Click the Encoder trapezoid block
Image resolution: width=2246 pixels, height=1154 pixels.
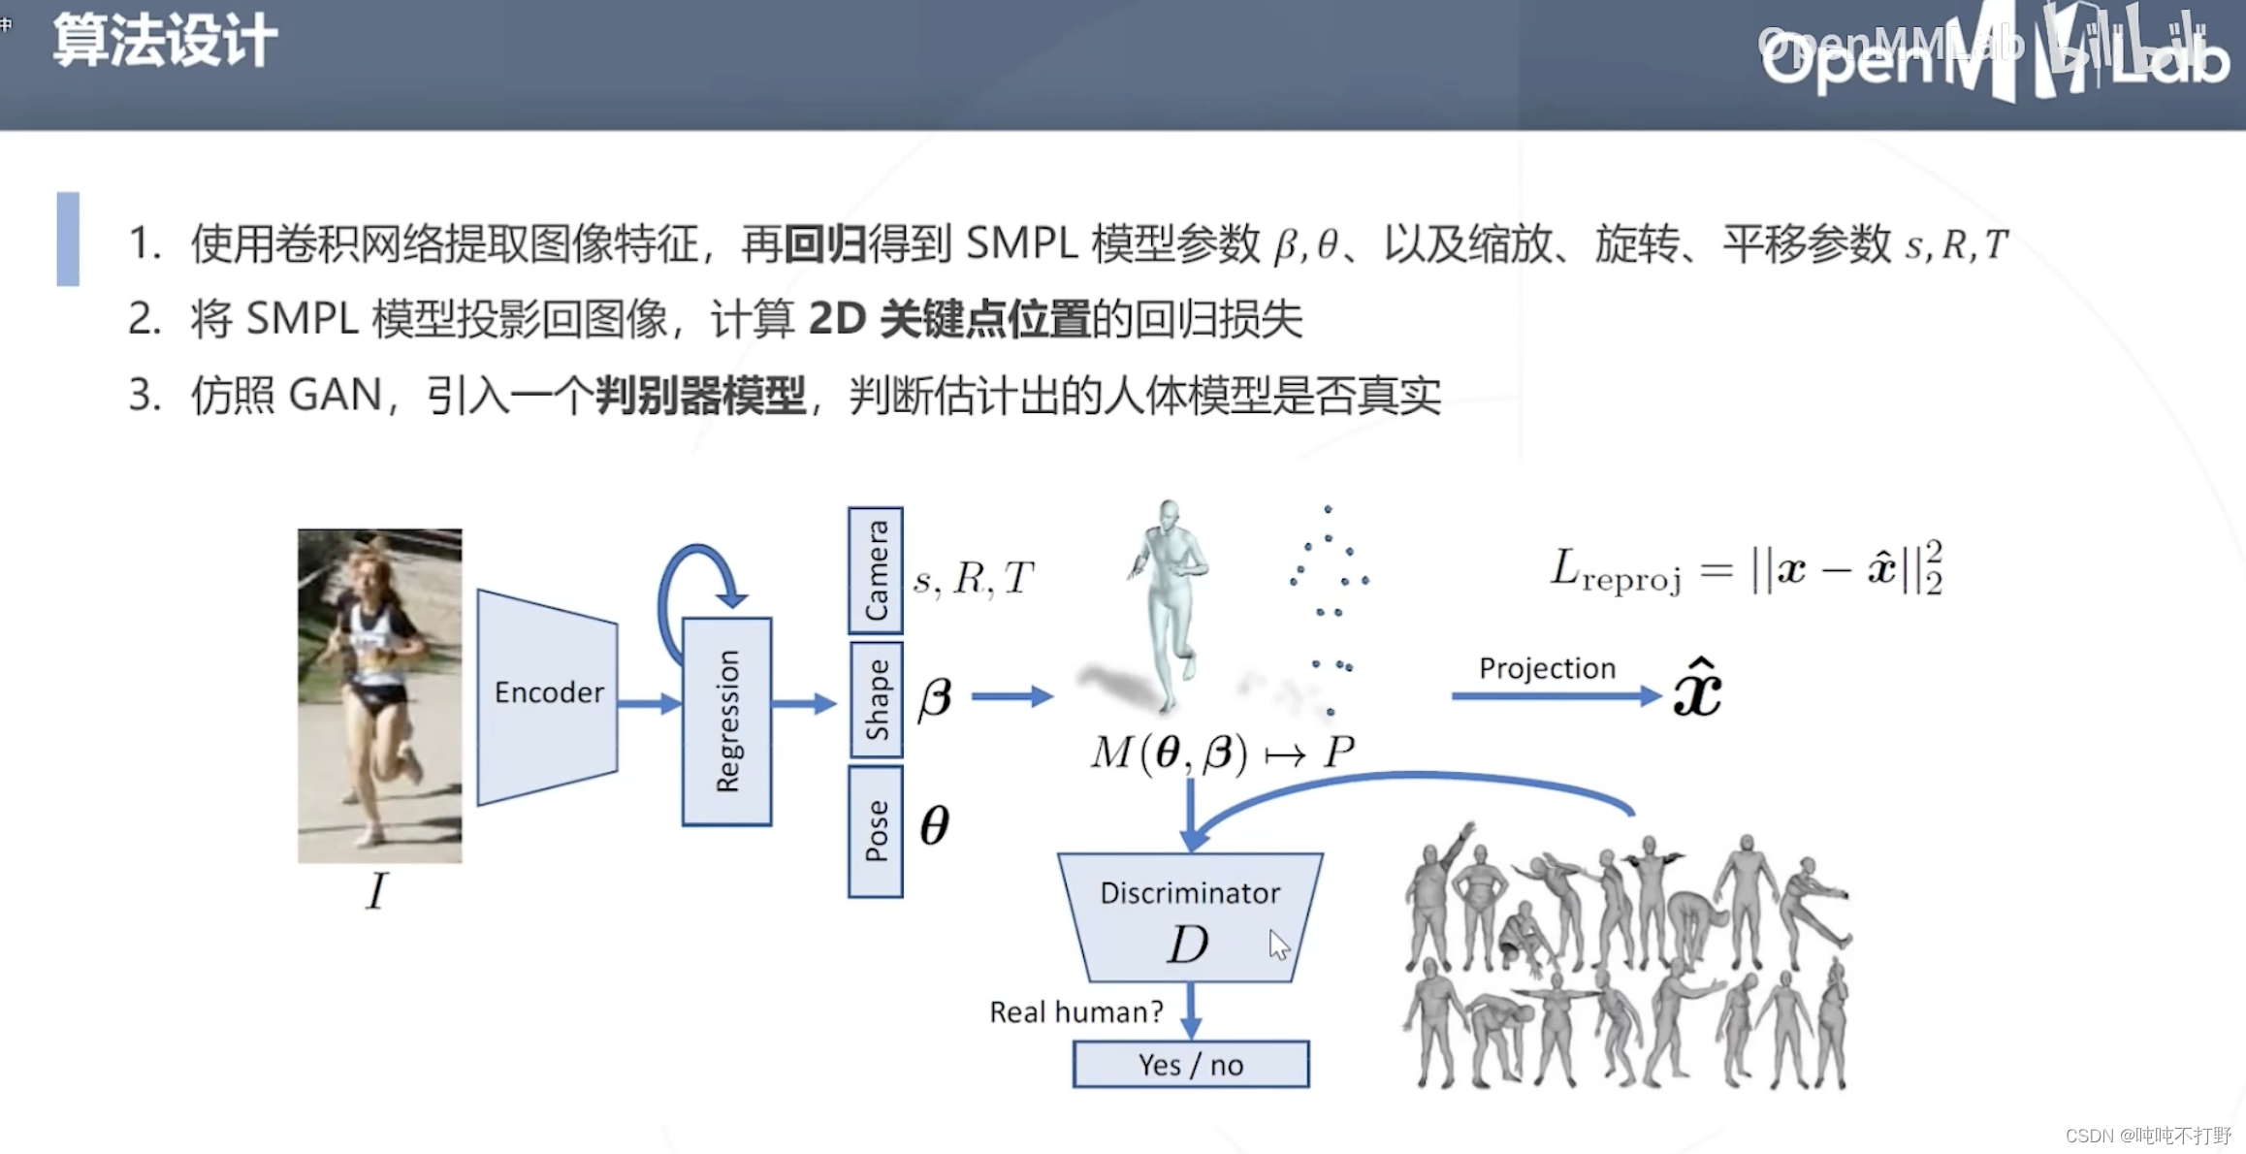click(x=547, y=695)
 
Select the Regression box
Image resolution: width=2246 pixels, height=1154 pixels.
click(x=727, y=721)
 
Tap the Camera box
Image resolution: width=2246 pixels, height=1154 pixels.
click(x=876, y=570)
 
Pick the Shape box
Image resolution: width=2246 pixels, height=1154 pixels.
click(x=876, y=699)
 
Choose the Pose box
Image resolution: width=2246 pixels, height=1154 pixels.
click(x=876, y=831)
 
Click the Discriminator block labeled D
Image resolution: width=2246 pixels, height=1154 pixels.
click(x=1190, y=917)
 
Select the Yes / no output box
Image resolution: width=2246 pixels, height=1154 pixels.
click(x=1191, y=1065)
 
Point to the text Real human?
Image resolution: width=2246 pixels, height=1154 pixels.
click(x=1075, y=1012)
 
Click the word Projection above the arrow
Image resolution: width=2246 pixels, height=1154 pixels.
click(x=1547, y=668)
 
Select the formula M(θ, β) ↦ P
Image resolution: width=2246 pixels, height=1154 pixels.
click(x=1222, y=753)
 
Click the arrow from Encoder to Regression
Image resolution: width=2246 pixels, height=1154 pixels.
click(x=649, y=703)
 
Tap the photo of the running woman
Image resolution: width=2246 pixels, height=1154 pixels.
click(x=380, y=695)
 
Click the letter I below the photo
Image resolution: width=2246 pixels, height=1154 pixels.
click(x=376, y=890)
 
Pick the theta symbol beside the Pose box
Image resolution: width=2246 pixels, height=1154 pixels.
click(x=935, y=826)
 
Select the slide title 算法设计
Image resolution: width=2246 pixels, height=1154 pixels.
click(x=165, y=43)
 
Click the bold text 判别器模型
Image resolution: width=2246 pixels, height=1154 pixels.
click(x=700, y=396)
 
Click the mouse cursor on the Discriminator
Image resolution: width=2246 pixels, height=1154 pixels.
click(x=1278, y=944)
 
